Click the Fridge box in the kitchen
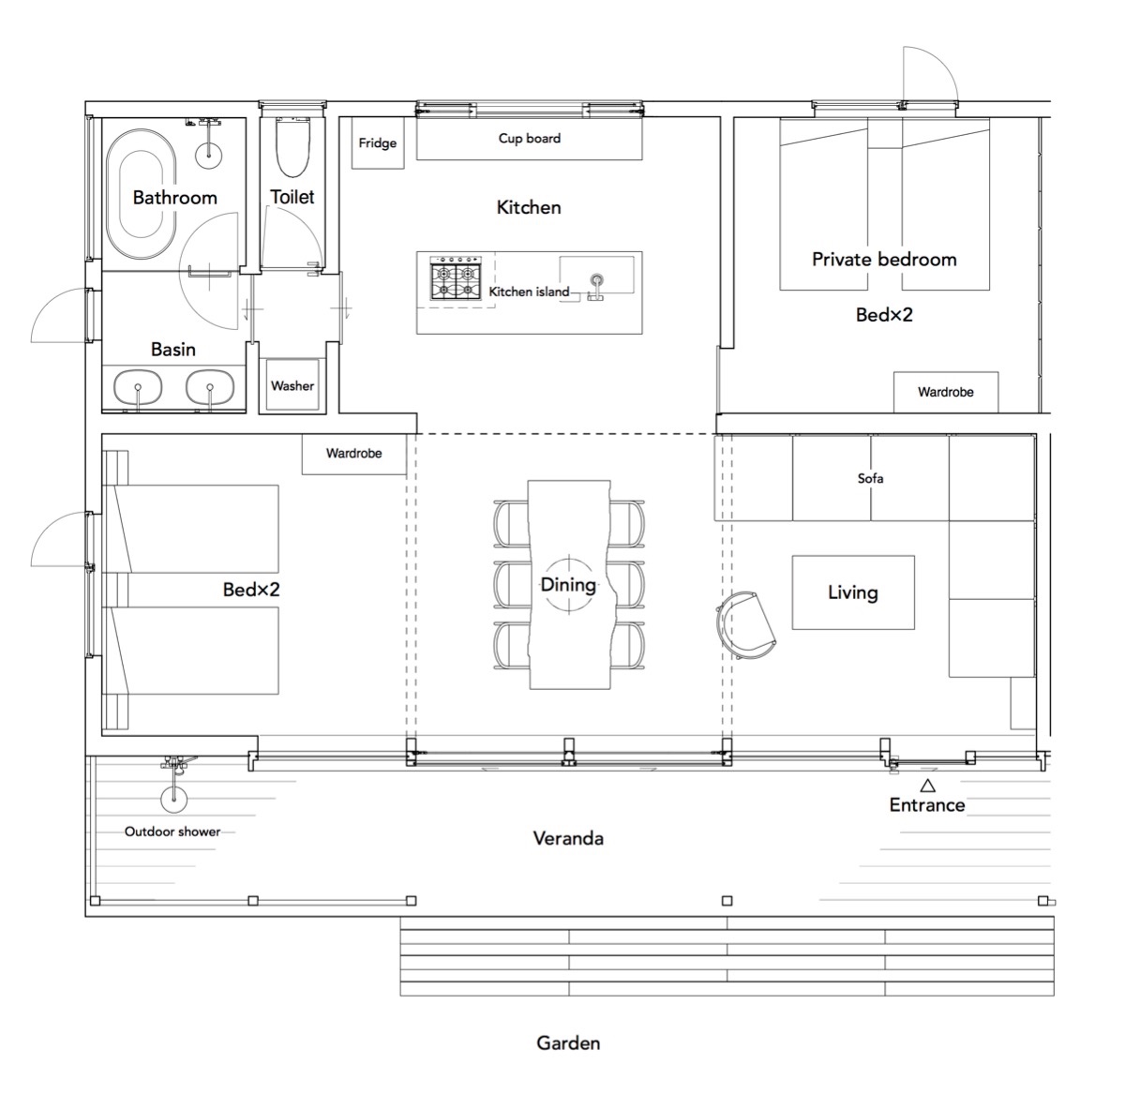pos(378,142)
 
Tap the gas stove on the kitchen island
pos(455,281)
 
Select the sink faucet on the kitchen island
pos(596,288)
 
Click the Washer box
pos(292,385)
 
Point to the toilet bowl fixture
pos(293,147)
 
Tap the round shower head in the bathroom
pos(208,154)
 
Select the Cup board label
pos(530,138)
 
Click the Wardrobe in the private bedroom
pos(946,392)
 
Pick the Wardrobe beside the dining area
pos(353,454)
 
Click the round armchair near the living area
pos(744,625)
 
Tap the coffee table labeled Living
pos(853,592)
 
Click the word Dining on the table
pos(568,585)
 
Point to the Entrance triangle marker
pos(928,785)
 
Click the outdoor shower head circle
pos(173,799)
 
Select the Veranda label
pos(568,838)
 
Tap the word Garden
pos(568,1042)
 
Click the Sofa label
pos(870,478)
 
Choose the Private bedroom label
pos(884,259)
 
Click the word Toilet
pos(292,197)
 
